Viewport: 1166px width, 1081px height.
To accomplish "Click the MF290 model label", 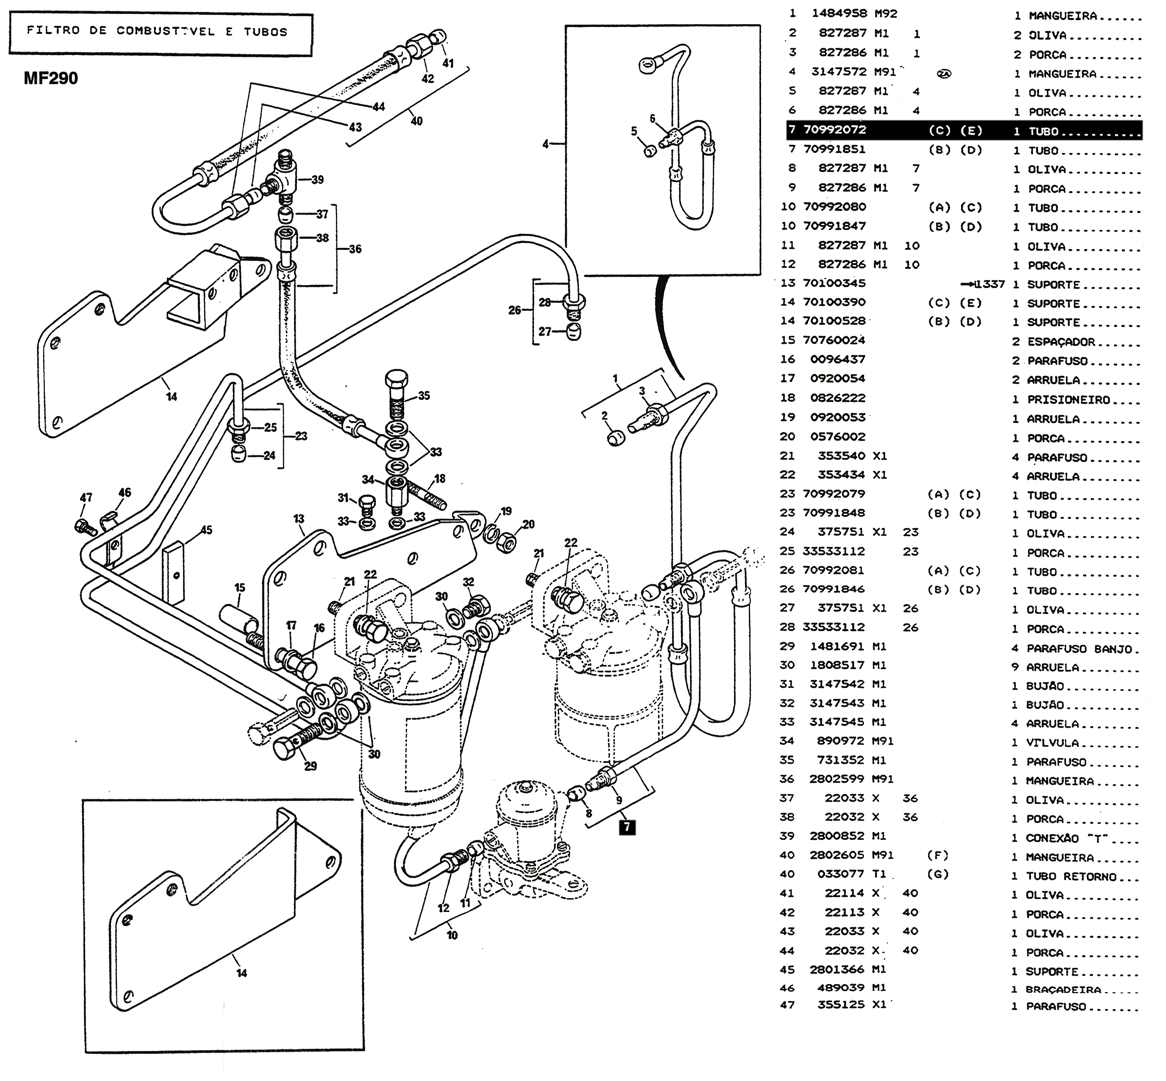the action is point(51,78).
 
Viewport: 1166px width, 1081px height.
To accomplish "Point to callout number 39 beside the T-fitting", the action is point(318,180).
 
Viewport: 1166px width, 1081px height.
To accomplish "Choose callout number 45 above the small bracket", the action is point(206,530).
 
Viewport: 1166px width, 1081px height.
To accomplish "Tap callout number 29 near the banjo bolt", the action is point(310,766).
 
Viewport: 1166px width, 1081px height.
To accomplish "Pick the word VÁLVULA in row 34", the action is point(1052,743).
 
